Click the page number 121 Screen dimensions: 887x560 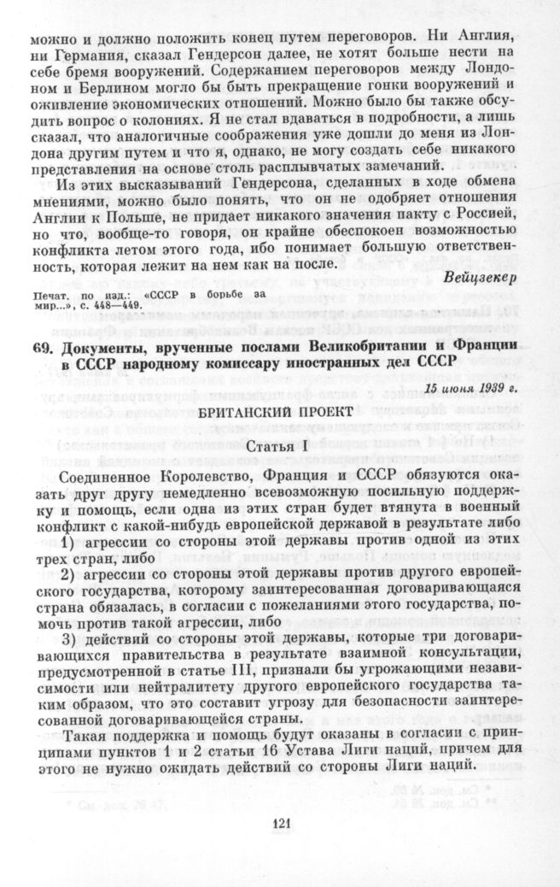tap(279, 824)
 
